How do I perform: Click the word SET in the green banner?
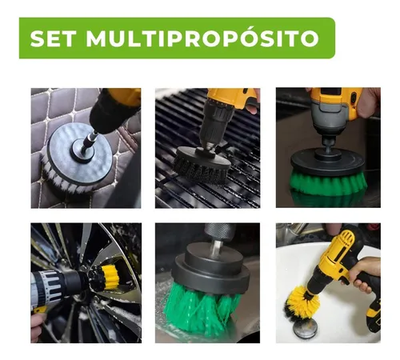56,38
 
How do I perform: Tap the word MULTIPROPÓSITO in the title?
203,38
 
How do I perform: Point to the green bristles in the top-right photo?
328,185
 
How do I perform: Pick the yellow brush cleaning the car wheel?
107,278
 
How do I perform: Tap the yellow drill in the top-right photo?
336,104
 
